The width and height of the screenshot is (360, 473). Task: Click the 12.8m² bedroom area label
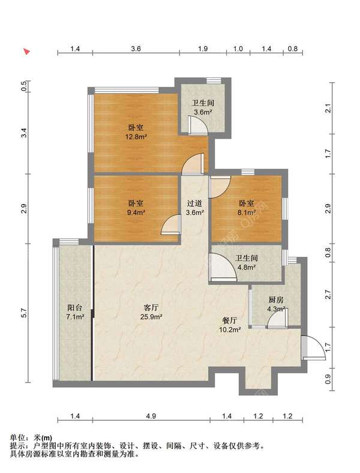(x=136, y=137)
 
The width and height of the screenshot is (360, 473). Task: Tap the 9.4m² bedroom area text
(x=136, y=212)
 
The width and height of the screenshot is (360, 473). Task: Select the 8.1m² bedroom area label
(x=247, y=212)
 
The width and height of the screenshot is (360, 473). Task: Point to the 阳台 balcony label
(x=75, y=308)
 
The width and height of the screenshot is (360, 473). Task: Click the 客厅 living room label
(x=151, y=308)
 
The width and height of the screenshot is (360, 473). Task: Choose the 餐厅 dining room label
(x=229, y=321)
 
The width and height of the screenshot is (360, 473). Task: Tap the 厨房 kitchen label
(x=276, y=300)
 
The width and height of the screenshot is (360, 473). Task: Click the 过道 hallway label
(x=194, y=203)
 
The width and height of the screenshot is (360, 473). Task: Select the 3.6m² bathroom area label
(x=203, y=112)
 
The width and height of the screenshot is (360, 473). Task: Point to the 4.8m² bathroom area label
(x=247, y=267)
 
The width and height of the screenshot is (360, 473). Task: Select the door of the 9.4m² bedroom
(x=171, y=224)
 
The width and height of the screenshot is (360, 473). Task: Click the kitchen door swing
(x=277, y=318)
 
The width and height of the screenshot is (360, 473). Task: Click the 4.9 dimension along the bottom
(x=151, y=417)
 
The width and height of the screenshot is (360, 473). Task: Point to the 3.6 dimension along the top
(x=136, y=49)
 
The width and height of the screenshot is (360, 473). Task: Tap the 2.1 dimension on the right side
(x=328, y=108)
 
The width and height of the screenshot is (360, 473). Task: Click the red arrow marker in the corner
(x=27, y=52)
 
